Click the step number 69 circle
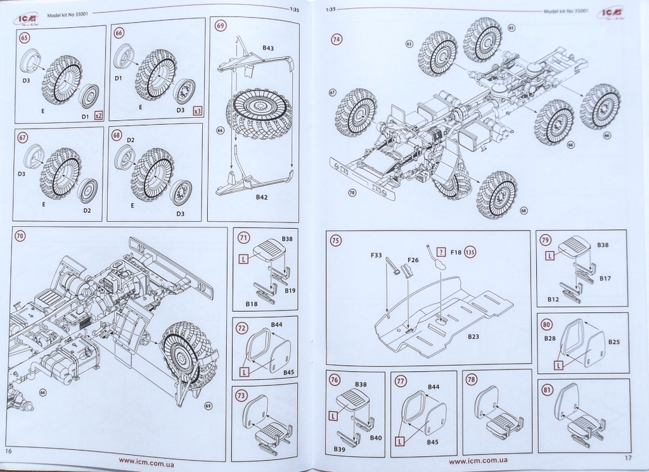(221, 27)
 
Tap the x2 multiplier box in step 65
(98, 116)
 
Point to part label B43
(267, 48)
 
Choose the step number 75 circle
(336, 240)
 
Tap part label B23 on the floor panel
(473, 337)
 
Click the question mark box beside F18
(442, 252)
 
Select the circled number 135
(470, 252)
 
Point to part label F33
(376, 255)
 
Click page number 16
(9, 451)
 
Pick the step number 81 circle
(546, 390)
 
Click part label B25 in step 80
(614, 342)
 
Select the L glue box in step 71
(243, 258)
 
